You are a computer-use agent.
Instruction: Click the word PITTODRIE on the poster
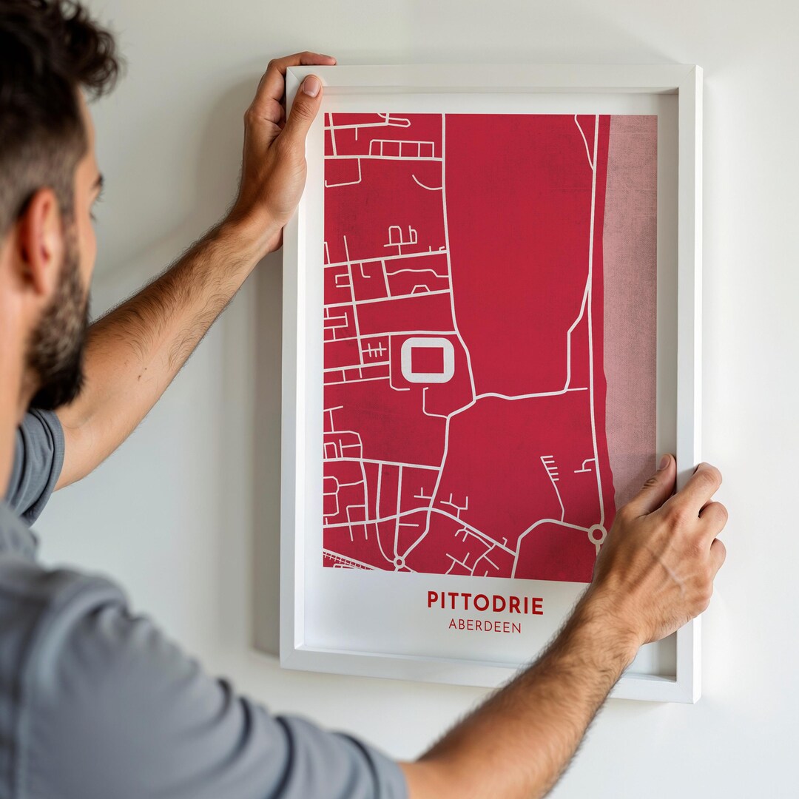pyautogui.click(x=485, y=603)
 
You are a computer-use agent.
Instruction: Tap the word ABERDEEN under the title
pyautogui.click(x=485, y=626)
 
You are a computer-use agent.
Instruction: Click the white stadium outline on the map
pyautogui.click(x=427, y=360)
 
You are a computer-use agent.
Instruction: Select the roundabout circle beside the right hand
pyautogui.click(x=596, y=533)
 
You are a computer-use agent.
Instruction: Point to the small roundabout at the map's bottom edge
pyautogui.click(x=399, y=563)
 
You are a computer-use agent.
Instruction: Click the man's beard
pyautogui.click(x=59, y=340)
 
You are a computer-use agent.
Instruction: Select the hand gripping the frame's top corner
pyautogui.click(x=277, y=148)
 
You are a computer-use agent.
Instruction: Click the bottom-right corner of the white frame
pyautogui.click(x=695, y=698)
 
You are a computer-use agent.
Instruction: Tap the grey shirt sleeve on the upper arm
pyautogui.click(x=37, y=466)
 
